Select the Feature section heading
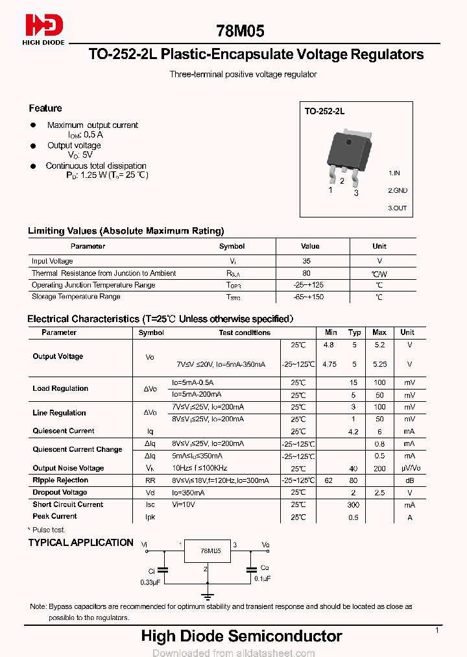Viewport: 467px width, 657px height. click(x=45, y=108)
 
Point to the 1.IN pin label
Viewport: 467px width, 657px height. click(x=394, y=173)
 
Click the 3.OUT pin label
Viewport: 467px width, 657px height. click(x=398, y=208)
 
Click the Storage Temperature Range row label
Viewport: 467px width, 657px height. click(x=76, y=297)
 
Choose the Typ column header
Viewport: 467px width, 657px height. click(x=354, y=332)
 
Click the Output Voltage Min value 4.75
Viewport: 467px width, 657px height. click(x=329, y=364)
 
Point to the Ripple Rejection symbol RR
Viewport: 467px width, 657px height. click(x=149, y=480)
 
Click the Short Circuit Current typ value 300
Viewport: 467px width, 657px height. click(x=353, y=504)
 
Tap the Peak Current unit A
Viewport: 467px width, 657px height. click(x=409, y=517)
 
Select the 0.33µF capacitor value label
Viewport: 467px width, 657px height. click(x=149, y=582)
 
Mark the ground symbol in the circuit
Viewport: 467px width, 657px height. click(x=207, y=595)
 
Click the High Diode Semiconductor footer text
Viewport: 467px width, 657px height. click(x=241, y=636)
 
